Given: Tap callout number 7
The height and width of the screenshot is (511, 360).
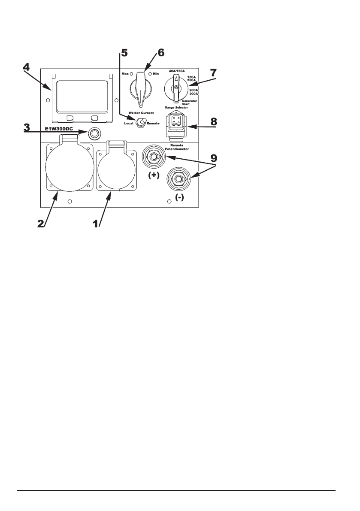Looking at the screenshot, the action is click(x=213, y=73).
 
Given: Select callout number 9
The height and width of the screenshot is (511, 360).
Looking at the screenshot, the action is click(x=214, y=158).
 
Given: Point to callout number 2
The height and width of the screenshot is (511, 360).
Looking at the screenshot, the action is click(x=41, y=224).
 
